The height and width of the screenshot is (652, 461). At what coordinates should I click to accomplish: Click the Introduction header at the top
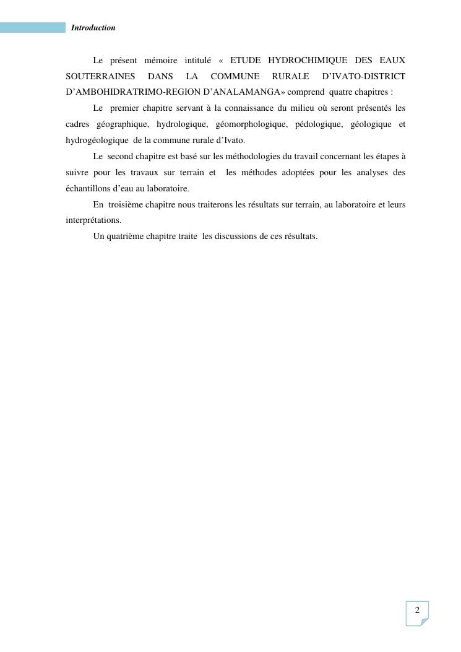(93, 28)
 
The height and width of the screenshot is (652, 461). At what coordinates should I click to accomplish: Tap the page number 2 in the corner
(417, 611)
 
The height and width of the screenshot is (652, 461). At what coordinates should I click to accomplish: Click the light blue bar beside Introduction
(32, 28)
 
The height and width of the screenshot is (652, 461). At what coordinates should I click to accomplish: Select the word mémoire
(160, 60)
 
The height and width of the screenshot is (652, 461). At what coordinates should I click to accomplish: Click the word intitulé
(198, 60)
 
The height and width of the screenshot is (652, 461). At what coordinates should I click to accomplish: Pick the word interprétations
(93, 220)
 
